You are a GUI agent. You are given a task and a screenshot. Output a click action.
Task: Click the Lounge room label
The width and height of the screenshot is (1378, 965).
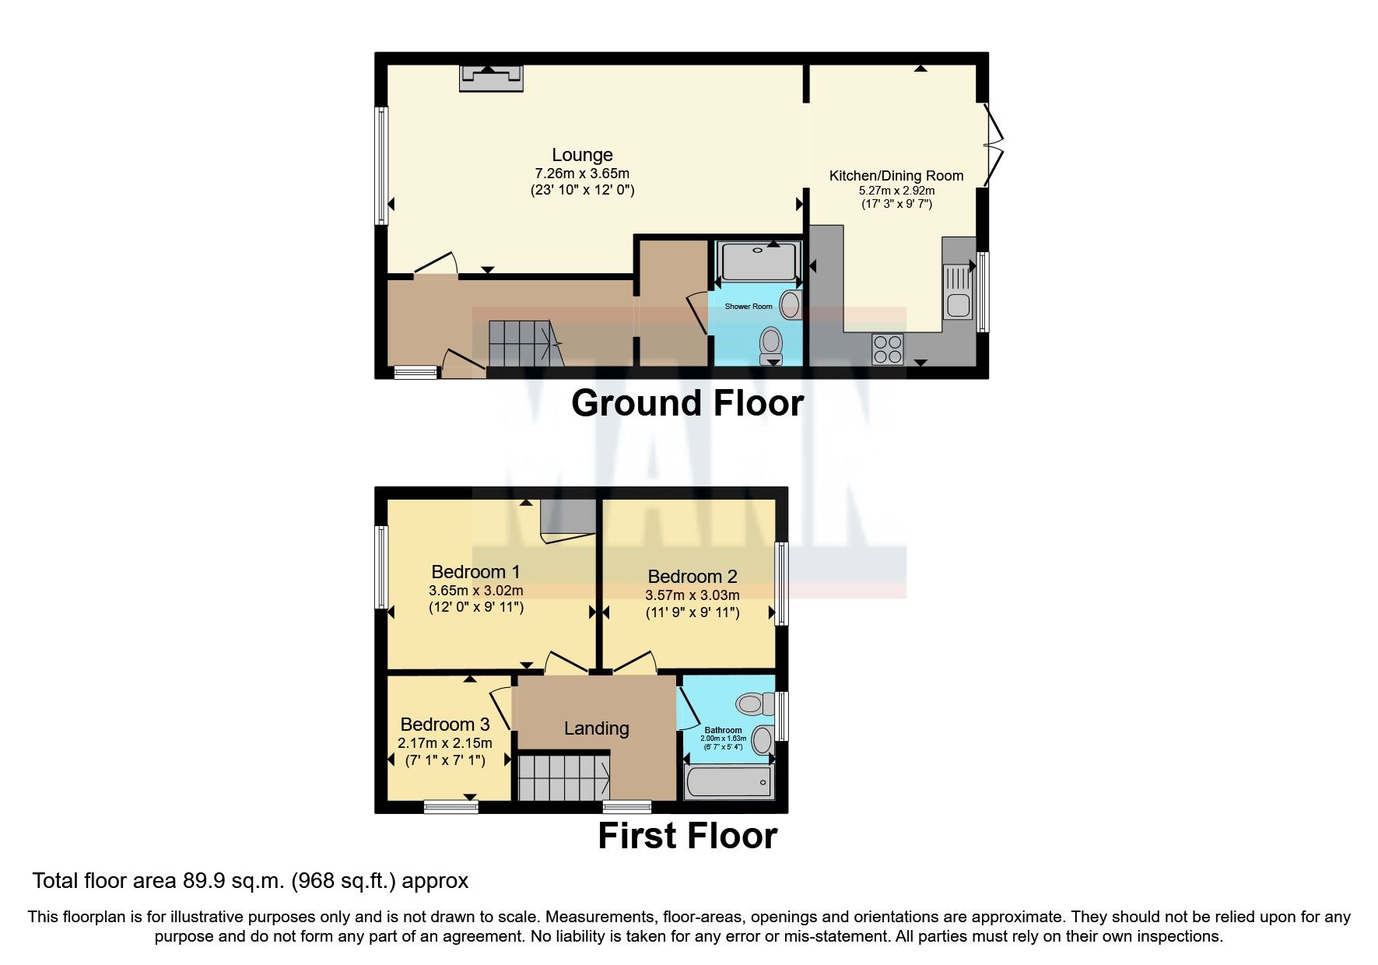(x=582, y=155)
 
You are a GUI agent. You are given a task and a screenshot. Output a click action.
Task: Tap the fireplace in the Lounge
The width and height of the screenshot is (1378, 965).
(x=490, y=77)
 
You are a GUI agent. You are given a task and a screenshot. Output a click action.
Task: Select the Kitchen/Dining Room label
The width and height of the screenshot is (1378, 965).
(x=896, y=176)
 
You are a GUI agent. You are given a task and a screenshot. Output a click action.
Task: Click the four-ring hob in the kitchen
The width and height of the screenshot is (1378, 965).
(x=887, y=349)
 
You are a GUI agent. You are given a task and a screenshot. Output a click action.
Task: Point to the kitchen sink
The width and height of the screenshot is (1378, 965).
(x=958, y=293)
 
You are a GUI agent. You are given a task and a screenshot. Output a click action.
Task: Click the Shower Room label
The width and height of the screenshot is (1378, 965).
(x=749, y=307)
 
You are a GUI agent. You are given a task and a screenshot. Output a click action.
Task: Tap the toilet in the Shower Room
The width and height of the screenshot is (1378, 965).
(x=771, y=342)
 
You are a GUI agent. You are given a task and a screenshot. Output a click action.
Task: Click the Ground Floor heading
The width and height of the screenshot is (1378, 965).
(x=687, y=403)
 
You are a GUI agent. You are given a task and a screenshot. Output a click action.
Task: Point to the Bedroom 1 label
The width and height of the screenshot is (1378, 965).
(x=475, y=572)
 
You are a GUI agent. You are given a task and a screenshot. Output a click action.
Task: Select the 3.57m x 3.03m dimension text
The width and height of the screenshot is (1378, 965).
(x=692, y=595)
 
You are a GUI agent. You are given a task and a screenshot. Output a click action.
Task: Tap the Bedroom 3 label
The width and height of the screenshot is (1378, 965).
(x=445, y=725)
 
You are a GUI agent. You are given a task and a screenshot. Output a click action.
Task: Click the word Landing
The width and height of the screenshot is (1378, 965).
(x=596, y=728)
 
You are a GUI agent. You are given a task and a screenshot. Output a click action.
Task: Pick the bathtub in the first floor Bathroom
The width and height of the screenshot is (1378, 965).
(x=729, y=781)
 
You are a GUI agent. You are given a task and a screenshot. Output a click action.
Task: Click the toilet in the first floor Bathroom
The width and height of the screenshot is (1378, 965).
(x=752, y=704)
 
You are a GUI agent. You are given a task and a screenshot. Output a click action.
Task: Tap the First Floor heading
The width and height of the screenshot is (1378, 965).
(x=687, y=836)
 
